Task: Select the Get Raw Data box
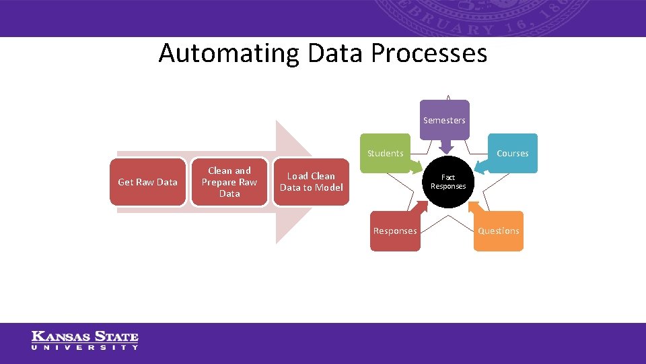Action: (147, 182)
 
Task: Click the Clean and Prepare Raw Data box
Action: (229, 182)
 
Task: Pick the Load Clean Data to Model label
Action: (311, 182)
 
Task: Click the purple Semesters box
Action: (444, 120)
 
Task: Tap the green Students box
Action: (385, 153)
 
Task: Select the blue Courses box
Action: (512, 153)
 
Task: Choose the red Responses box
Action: (395, 231)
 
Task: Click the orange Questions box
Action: (498, 231)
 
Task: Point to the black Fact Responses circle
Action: (448, 182)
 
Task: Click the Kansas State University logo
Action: (85, 340)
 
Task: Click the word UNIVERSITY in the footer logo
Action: (85, 348)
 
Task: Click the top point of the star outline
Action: (448, 95)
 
